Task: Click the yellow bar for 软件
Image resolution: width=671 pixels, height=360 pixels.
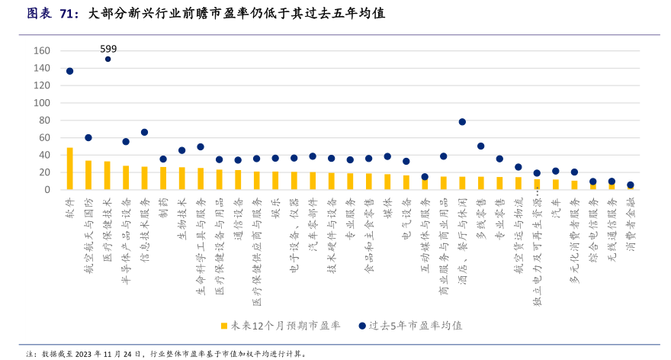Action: point(69,169)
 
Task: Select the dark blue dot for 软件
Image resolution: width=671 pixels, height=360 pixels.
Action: point(69,71)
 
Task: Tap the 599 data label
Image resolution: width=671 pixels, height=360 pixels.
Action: point(108,49)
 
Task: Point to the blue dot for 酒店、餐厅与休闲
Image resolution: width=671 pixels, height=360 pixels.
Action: point(462,122)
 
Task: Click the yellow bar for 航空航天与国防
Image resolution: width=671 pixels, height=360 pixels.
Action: point(88,175)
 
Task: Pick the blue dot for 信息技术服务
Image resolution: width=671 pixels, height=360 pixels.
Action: point(144,132)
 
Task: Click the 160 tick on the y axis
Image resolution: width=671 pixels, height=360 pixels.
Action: point(42,51)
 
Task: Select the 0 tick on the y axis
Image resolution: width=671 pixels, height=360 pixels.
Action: point(47,189)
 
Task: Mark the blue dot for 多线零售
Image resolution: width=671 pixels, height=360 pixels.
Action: point(480,146)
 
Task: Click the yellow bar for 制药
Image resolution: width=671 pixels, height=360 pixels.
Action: point(163,178)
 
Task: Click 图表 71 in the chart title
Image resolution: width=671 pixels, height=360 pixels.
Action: point(45,13)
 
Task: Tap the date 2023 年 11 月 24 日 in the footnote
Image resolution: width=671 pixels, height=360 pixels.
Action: point(104,354)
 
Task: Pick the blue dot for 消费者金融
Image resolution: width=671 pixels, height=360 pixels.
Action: point(631,185)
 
